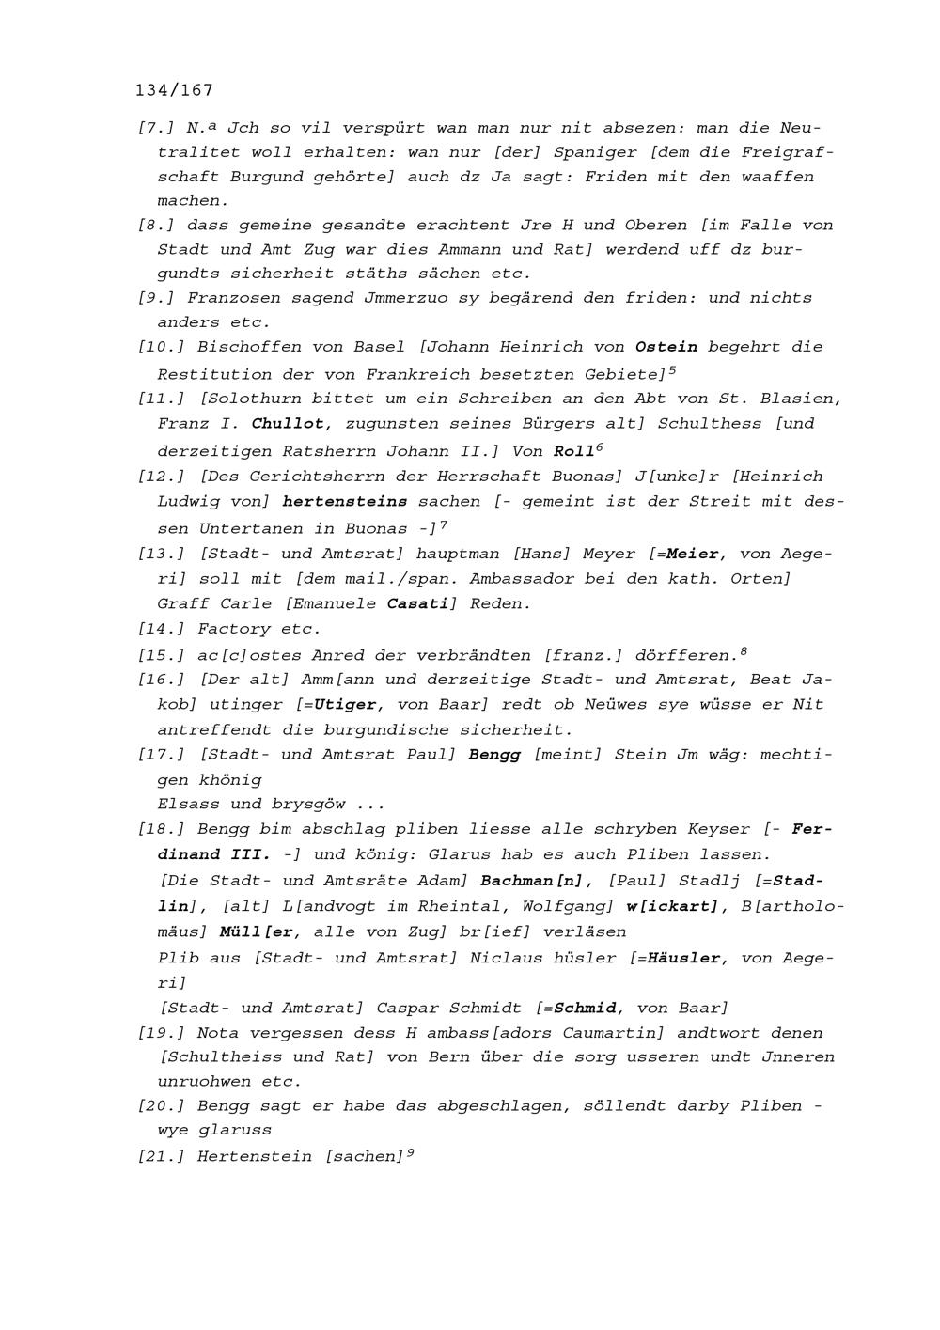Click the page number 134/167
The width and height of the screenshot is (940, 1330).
tap(174, 90)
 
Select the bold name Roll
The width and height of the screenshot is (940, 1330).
tap(573, 451)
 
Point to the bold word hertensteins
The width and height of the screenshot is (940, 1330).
tap(345, 502)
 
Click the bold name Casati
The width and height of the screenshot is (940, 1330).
tap(416, 603)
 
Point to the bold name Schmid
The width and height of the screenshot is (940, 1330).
tap(585, 1008)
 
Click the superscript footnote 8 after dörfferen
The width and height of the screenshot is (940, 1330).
tap(744, 650)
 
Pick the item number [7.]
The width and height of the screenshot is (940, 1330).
tap(156, 128)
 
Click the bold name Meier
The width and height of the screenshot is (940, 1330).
tap(692, 554)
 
